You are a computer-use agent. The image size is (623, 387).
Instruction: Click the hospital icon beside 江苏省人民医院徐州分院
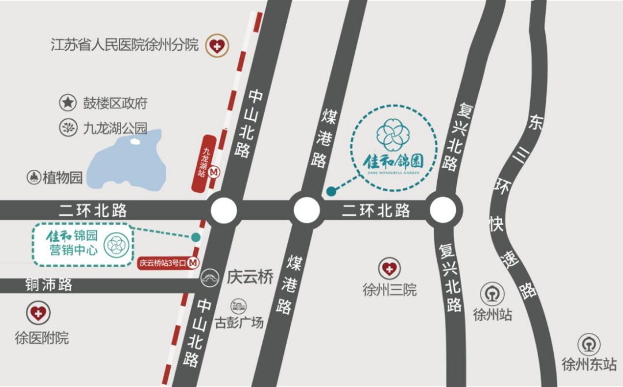pyautogui.click(x=217, y=45)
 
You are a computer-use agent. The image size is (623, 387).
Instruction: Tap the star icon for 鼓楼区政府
pyautogui.click(x=68, y=103)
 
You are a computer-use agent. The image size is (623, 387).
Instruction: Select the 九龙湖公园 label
pyautogui.click(x=115, y=128)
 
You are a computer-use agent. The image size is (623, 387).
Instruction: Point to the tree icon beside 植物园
pyautogui.click(x=33, y=177)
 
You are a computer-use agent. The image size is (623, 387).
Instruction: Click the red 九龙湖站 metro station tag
pyautogui.click(x=205, y=162)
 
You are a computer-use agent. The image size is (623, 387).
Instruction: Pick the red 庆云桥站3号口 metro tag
pyautogui.click(x=168, y=263)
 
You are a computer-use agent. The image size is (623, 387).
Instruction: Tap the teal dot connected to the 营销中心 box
pyautogui.click(x=196, y=237)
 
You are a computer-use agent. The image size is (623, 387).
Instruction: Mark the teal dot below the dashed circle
pyautogui.click(x=331, y=191)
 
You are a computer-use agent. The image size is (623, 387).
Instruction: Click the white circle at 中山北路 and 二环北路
pyautogui.click(x=224, y=211)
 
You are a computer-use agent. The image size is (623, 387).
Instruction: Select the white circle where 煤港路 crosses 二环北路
pyautogui.click(x=306, y=211)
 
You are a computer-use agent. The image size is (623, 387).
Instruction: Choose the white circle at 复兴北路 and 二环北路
pyautogui.click(x=445, y=211)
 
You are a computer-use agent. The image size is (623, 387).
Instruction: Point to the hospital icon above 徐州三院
pyautogui.click(x=389, y=268)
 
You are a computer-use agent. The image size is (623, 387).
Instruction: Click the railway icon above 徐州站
pyautogui.click(x=492, y=294)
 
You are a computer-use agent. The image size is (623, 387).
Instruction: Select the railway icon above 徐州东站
pyautogui.click(x=589, y=344)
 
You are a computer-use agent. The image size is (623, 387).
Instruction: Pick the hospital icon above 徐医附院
pyautogui.click(x=38, y=313)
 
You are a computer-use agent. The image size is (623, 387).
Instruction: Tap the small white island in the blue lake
pyautogui.click(x=135, y=141)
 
